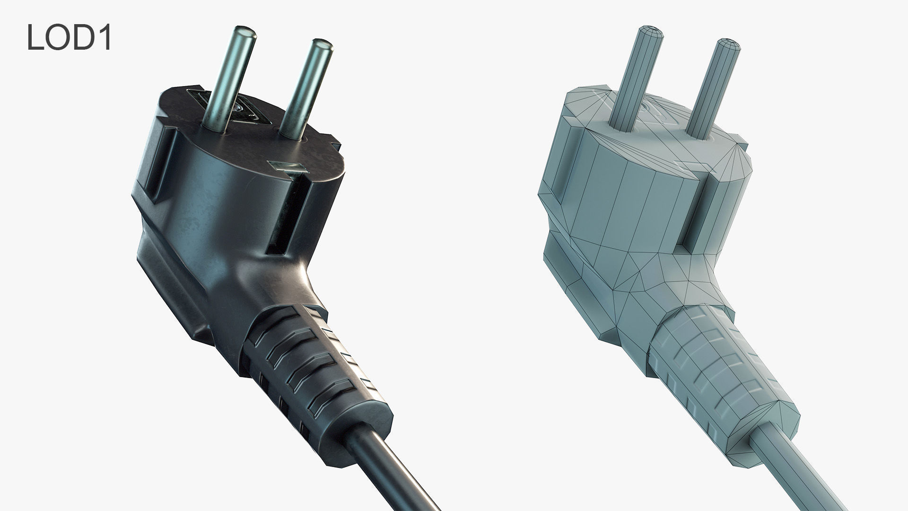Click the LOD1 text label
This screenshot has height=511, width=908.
coord(69,38)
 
